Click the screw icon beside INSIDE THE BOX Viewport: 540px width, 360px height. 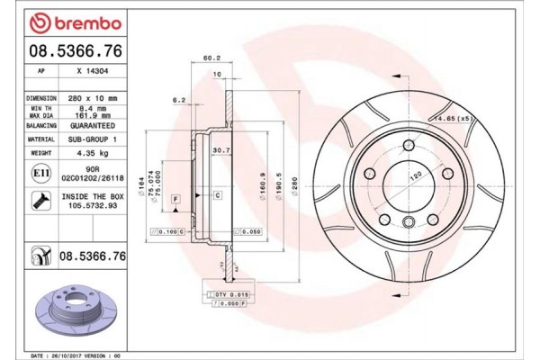click(x=40, y=200)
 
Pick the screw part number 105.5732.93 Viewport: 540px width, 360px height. click(x=94, y=204)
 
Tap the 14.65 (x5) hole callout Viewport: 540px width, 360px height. click(x=453, y=118)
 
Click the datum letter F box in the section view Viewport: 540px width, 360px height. click(x=175, y=196)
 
